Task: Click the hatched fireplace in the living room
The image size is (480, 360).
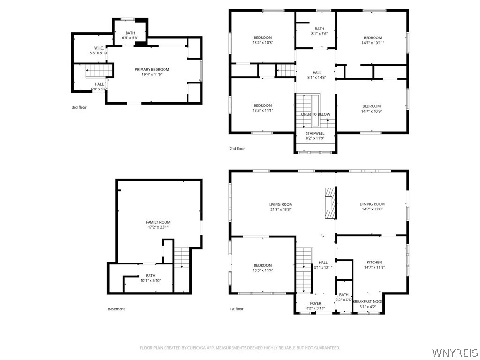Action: [x=330, y=203]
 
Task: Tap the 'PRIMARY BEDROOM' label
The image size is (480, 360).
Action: [x=152, y=69]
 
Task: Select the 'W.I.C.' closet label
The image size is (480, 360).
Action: [x=99, y=48]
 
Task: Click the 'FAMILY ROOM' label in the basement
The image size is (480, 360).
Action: [x=158, y=222]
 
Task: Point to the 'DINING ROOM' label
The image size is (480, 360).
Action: [x=372, y=204]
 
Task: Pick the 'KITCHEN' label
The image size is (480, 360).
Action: [x=375, y=262]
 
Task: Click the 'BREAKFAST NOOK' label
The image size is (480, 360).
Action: [x=368, y=302]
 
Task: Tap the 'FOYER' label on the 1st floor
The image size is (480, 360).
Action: [x=315, y=304]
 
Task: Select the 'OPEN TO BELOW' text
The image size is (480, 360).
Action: [x=315, y=114]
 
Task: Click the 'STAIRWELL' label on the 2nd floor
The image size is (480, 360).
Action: [x=315, y=134]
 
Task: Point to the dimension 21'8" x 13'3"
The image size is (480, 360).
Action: [x=281, y=210]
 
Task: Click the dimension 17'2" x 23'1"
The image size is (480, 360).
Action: [x=158, y=227]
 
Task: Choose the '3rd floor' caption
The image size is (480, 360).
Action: [x=79, y=107]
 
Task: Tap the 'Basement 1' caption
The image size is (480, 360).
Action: [x=118, y=309]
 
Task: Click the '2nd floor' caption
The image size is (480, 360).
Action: [x=237, y=149]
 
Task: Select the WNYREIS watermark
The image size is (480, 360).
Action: [x=455, y=352]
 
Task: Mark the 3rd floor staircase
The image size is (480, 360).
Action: [x=99, y=70]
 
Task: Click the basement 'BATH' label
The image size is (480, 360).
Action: [x=150, y=276]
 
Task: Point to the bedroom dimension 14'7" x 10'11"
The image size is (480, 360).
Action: [x=373, y=43]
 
